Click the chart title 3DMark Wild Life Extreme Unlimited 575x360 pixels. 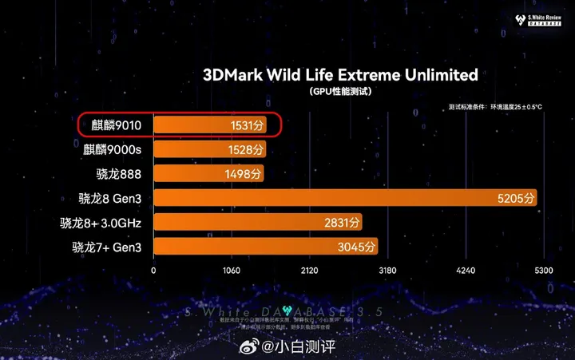[x=340, y=75]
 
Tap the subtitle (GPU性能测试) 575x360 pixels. [x=340, y=93]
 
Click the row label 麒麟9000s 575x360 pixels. [x=113, y=149]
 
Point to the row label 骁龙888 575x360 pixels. [x=118, y=173]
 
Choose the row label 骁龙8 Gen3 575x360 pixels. [x=109, y=198]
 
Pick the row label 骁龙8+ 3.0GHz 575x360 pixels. [x=101, y=223]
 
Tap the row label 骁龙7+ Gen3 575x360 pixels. [x=107, y=247]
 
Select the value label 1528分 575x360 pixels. [x=246, y=149]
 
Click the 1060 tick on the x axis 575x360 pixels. [x=231, y=271]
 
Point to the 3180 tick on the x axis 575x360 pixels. [x=387, y=271]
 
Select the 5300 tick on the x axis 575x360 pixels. [x=543, y=271]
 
